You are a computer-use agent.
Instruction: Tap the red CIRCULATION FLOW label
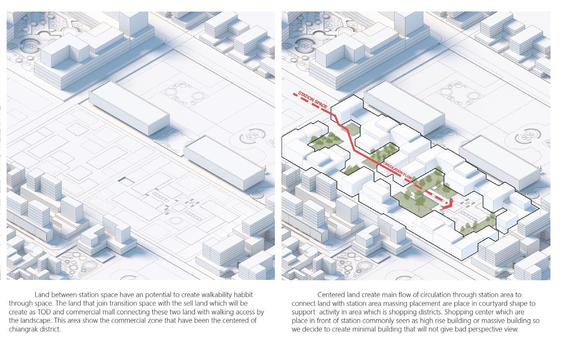coord(397,171)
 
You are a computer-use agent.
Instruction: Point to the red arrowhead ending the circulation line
coord(448,204)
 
